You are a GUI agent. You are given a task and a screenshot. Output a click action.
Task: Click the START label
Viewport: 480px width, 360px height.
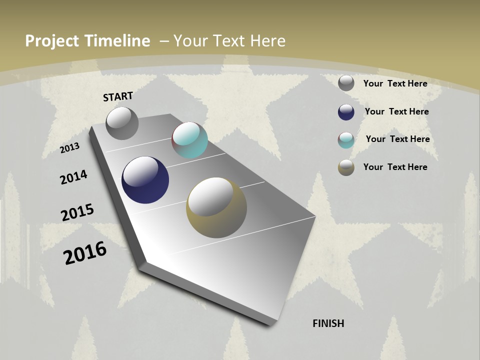[118, 96]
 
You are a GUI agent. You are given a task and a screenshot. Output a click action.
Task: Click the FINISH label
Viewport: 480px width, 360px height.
[328, 323]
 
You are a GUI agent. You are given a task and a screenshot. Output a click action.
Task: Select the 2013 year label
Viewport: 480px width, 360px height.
[70, 147]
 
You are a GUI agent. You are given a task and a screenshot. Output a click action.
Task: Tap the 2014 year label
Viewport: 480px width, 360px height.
[74, 177]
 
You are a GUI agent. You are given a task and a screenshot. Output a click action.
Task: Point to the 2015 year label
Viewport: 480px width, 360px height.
[77, 212]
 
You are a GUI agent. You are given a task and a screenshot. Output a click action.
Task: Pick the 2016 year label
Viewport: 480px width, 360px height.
[85, 253]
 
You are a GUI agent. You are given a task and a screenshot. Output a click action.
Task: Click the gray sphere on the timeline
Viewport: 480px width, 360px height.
[122, 123]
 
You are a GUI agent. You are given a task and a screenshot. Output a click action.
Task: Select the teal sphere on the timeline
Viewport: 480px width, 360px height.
[189, 140]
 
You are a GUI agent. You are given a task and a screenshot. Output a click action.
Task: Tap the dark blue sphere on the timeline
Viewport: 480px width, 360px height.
[145, 180]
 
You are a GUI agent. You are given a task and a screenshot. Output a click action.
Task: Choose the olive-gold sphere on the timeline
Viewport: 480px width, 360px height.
[216, 207]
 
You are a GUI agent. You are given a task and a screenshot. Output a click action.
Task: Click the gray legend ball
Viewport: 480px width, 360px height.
[346, 83]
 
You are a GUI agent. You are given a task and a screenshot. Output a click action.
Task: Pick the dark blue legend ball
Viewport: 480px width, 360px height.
[346, 112]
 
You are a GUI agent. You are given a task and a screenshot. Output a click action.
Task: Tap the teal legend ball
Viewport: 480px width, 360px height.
[346, 140]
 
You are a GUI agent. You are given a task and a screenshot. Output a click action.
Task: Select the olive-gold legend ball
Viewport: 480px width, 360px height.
[346, 167]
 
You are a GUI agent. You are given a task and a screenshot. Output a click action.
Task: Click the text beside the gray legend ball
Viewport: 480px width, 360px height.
[395, 83]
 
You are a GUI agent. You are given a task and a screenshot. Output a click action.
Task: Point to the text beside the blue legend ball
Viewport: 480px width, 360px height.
[396, 111]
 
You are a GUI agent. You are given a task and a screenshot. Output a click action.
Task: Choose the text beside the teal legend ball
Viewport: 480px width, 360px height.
[397, 139]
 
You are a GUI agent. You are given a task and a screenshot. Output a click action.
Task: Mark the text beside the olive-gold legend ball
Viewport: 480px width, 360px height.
[395, 167]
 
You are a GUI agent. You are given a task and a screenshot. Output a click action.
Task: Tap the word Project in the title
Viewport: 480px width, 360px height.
[53, 41]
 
